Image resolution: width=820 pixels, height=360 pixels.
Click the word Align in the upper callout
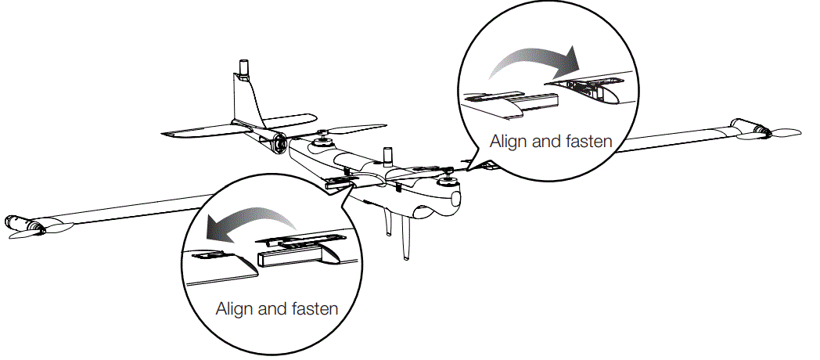click(508, 142)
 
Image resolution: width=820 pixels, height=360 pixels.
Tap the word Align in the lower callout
click(234, 308)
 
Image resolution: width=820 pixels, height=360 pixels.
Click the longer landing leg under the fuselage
click(405, 239)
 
